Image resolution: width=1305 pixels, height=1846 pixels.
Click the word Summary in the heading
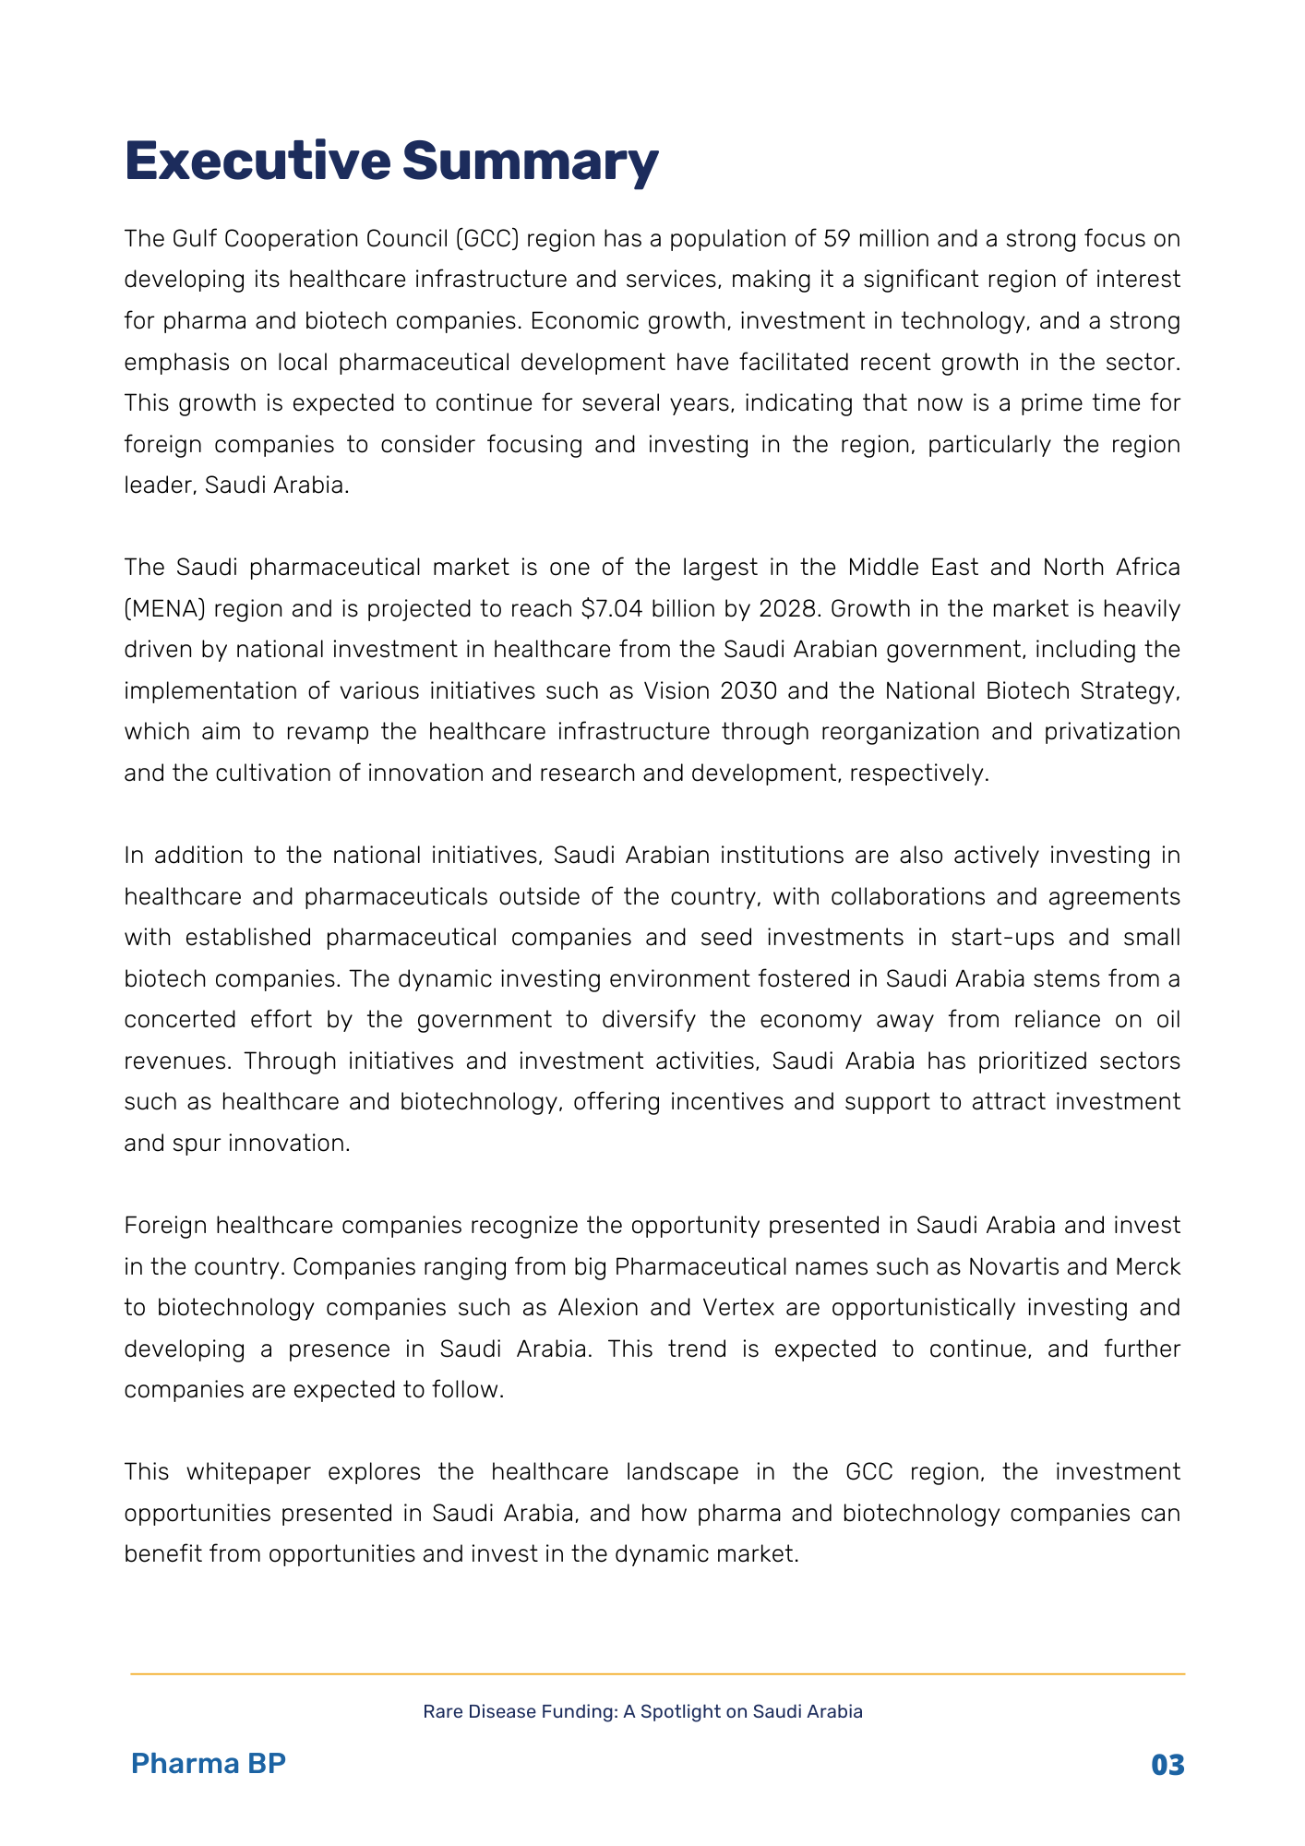coord(530,162)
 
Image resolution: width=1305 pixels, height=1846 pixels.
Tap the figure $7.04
coord(614,609)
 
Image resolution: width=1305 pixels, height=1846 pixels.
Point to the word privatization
coord(1112,732)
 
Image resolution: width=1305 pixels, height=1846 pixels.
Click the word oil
coord(1167,1020)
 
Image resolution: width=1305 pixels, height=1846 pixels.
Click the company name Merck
coord(1148,1267)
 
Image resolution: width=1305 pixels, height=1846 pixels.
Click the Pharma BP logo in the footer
coord(209,1764)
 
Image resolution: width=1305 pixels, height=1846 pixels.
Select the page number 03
coord(1167,1766)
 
